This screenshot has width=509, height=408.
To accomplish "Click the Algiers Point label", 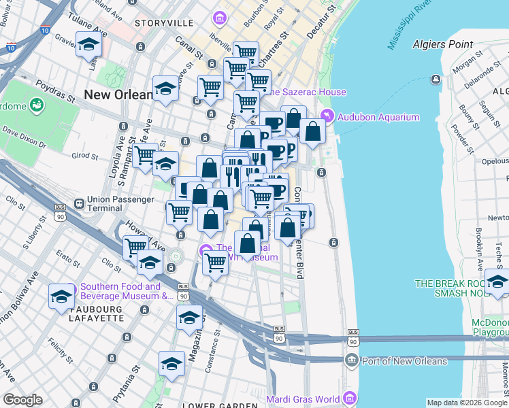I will coord(442,44).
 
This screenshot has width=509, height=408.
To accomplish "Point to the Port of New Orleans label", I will coord(405,360).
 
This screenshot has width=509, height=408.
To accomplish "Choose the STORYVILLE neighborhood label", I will coord(164,23).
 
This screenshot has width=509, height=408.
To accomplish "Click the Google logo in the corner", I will coord(22,400).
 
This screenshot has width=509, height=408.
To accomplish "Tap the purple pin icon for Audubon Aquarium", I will coord(327,117).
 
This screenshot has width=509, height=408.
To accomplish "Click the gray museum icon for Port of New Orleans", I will coord(352,360).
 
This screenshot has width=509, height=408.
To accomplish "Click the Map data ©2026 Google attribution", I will coord(467,403).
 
